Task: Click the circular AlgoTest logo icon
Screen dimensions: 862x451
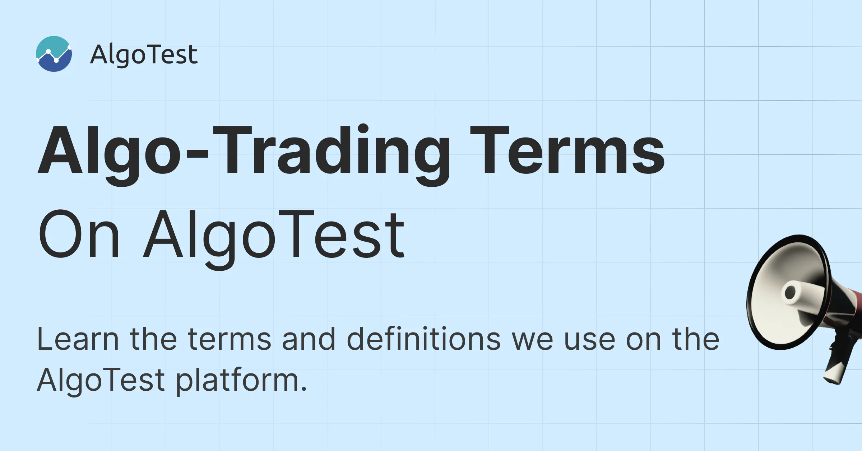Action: (54, 54)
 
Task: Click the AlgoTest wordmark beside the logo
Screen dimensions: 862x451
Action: (144, 55)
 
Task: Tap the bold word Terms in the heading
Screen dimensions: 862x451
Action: (567, 150)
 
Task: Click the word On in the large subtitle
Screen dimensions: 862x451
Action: (79, 234)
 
